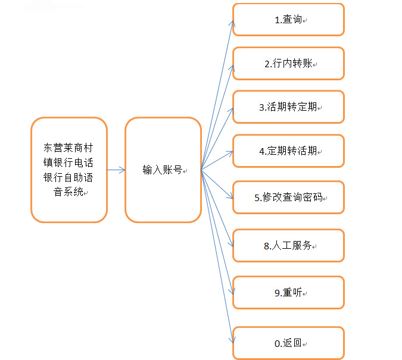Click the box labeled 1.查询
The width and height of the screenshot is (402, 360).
tap(288, 20)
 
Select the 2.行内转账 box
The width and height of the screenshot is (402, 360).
tap(288, 63)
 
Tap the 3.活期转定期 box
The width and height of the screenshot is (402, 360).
tap(288, 107)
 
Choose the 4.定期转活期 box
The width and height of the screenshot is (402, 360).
tap(288, 151)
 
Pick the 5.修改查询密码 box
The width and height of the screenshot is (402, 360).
tap(288, 198)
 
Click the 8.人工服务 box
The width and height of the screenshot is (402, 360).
tap(288, 246)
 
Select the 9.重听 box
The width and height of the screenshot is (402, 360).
tap(288, 292)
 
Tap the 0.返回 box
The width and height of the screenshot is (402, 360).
tap(288, 343)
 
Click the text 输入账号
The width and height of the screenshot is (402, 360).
tap(163, 170)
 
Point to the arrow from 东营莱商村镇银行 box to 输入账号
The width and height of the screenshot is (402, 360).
tap(116, 170)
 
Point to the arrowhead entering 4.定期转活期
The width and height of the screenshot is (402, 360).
tap(230, 153)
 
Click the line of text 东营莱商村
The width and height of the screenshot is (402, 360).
tap(68, 148)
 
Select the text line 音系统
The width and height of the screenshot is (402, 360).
tap(68, 192)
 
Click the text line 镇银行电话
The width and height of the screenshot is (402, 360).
tap(68, 162)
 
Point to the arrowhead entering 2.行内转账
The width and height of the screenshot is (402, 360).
tap(232, 68)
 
